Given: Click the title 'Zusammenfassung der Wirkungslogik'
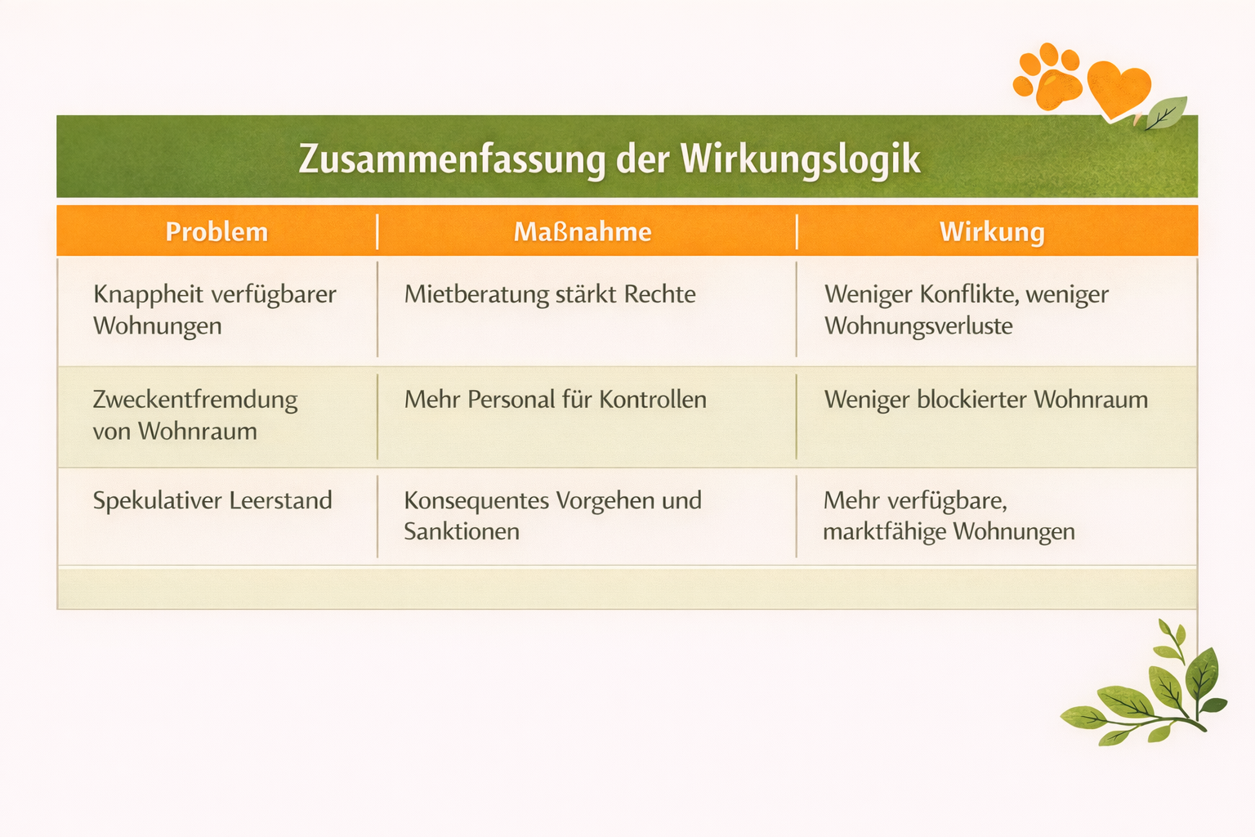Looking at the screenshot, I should pos(610,159).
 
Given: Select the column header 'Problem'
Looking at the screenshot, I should pos(217,232).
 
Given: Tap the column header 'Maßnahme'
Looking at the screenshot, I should pos(583,232).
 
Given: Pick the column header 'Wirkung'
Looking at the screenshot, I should pos(992,232).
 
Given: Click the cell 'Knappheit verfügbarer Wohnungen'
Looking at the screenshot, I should pos(215,310).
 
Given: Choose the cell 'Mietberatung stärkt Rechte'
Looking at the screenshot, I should pos(550,294).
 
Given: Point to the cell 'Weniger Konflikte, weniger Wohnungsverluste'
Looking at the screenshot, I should pos(967,310).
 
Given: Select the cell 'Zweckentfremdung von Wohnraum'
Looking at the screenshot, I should pos(195,415).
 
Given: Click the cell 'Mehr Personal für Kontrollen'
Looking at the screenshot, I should pos(556,400).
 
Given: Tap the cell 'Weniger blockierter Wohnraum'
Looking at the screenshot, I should pos(986,400).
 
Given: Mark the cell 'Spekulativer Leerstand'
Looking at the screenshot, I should pos(212,500).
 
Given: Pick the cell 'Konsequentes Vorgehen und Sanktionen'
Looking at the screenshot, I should pos(553,516).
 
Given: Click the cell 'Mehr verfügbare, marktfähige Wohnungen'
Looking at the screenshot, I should pos(949,516).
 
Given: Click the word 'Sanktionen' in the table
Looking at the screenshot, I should pos(462,532).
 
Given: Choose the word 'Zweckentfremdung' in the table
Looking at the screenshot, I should pos(195,400).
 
